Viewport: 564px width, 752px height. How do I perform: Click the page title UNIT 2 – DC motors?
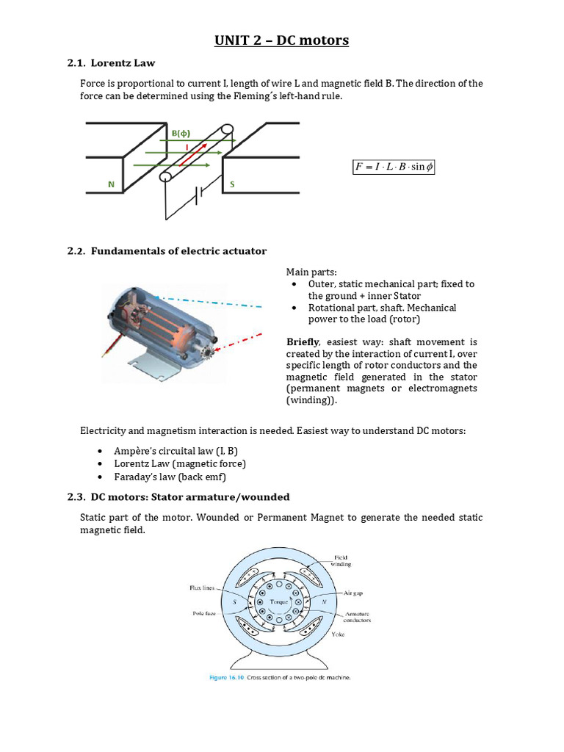click(x=281, y=40)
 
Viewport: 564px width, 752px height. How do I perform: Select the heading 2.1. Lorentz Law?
click(x=111, y=63)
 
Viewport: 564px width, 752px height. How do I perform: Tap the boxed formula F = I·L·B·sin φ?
click(x=394, y=167)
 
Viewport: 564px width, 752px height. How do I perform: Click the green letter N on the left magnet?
click(x=111, y=185)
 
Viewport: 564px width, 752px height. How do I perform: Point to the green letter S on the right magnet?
click(x=232, y=185)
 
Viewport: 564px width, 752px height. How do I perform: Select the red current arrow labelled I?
click(x=194, y=157)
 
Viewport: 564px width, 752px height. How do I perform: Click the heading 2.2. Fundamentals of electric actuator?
click(x=167, y=251)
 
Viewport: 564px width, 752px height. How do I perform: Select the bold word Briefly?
click(x=302, y=341)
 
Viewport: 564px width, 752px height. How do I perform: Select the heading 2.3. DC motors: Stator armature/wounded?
click(x=178, y=497)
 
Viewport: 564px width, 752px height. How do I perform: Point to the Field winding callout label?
click(x=342, y=560)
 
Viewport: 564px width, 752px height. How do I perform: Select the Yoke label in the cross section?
click(x=339, y=635)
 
